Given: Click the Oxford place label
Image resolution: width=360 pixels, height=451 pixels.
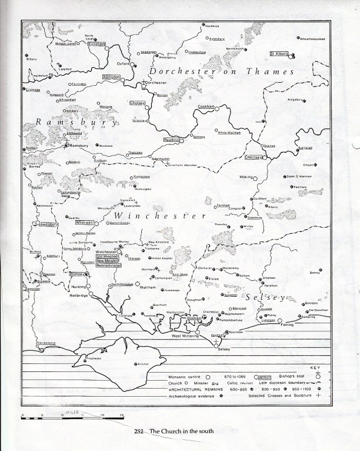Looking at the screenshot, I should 125,63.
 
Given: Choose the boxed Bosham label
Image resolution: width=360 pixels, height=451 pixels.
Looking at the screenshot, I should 194,317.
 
